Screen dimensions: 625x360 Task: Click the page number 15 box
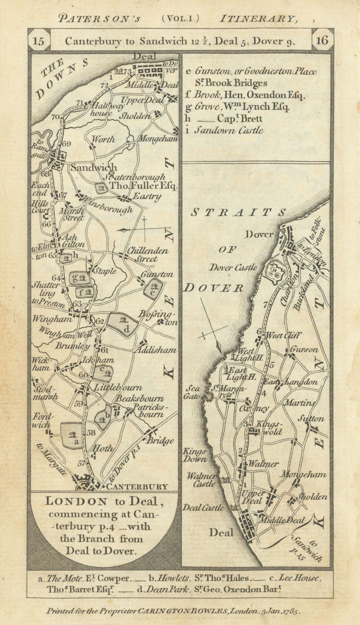(39, 41)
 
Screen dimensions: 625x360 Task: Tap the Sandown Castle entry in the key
(229, 130)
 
